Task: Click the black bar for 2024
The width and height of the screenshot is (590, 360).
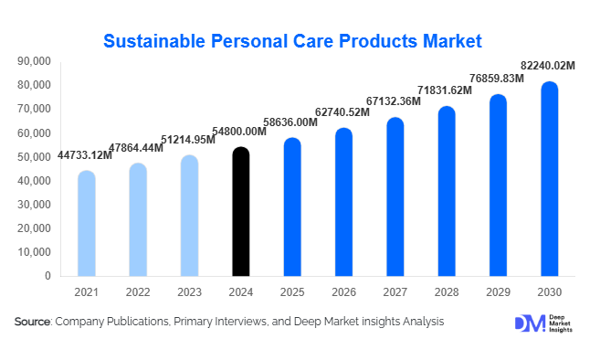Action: click(x=240, y=211)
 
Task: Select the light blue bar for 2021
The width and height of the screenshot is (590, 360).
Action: click(x=86, y=223)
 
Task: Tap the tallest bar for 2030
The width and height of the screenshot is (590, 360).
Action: click(x=549, y=179)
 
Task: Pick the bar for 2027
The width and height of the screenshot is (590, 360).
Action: click(x=395, y=196)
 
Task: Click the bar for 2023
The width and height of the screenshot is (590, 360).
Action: click(x=189, y=216)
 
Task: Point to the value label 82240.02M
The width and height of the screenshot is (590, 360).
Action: click(x=547, y=66)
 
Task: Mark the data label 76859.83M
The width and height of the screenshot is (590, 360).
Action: click(x=497, y=79)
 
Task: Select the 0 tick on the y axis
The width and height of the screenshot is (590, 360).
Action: click(x=47, y=276)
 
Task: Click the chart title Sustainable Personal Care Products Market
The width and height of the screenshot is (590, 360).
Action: click(x=292, y=41)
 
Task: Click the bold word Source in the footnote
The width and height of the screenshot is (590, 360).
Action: click(x=33, y=322)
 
